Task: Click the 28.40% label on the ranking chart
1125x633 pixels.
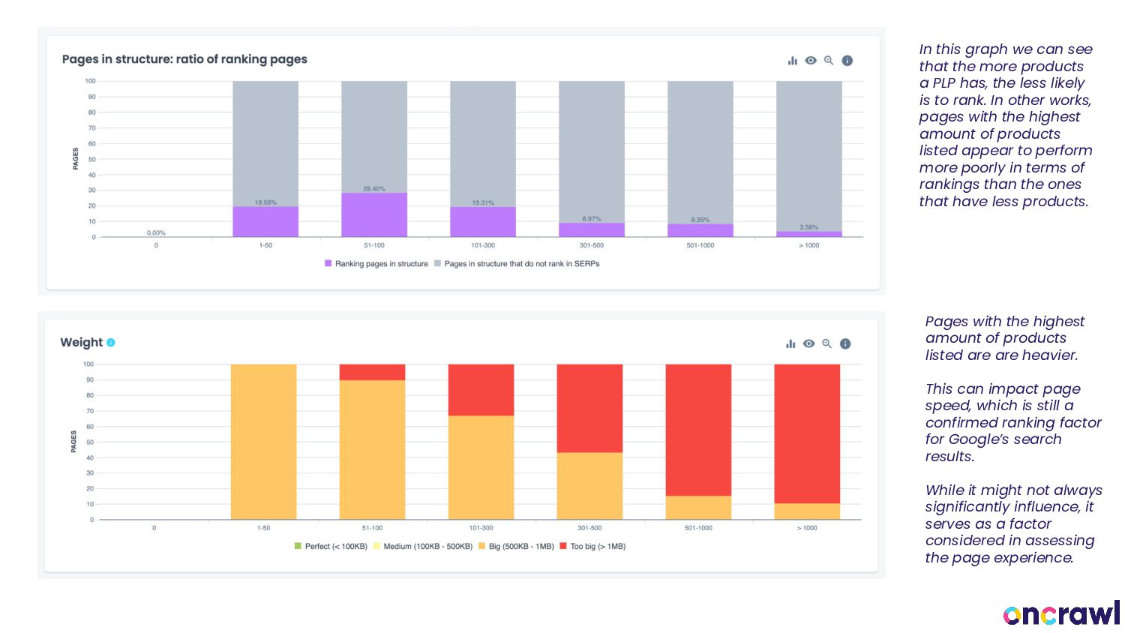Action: [374, 189]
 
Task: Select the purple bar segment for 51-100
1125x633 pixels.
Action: [374, 215]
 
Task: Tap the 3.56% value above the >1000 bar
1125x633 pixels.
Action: [809, 227]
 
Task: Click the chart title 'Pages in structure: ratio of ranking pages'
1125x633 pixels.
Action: [184, 59]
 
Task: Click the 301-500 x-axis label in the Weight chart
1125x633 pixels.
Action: [589, 528]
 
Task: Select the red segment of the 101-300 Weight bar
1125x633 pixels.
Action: [481, 390]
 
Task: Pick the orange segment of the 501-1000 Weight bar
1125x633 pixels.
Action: [698, 508]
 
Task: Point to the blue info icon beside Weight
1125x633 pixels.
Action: [111, 343]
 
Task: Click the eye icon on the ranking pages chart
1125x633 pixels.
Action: [811, 61]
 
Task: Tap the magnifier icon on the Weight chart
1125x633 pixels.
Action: [826, 343]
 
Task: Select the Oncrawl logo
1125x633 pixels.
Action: [1061, 613]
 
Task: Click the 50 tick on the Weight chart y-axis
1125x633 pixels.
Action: [90, 442]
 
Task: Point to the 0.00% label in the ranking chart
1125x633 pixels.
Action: [156, 233]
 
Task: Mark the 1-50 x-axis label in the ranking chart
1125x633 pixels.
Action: [265, 245]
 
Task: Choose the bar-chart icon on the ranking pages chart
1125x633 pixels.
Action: [793, 61]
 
